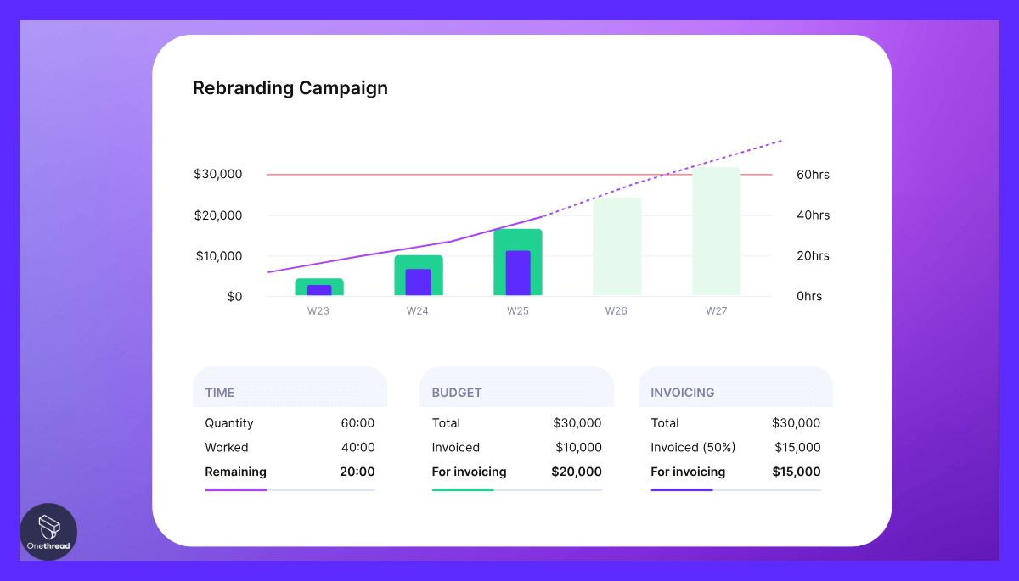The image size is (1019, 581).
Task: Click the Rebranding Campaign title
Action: point(290,88)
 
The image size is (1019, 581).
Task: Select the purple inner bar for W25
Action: point(518,273)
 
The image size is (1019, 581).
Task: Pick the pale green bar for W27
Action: point(716,231)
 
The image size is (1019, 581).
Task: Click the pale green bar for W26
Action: point(616,246)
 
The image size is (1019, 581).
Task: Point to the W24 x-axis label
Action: point(417,311)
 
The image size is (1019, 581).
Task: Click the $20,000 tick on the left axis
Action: point(219,215)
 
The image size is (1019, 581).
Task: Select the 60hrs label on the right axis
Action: point(813,175)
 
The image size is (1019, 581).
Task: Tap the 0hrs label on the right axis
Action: point(808,297)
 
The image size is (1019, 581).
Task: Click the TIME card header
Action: point(220,393)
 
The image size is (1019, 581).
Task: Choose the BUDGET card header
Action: point(457,393)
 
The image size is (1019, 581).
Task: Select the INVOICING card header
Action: point(683,393)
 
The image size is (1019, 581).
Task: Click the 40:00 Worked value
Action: point(357,448)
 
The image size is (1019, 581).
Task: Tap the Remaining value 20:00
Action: point(357,472)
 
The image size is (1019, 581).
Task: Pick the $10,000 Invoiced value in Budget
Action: point(578,448)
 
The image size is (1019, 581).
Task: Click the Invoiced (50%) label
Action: point(693,448)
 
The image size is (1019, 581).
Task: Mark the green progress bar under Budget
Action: point(463,489)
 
